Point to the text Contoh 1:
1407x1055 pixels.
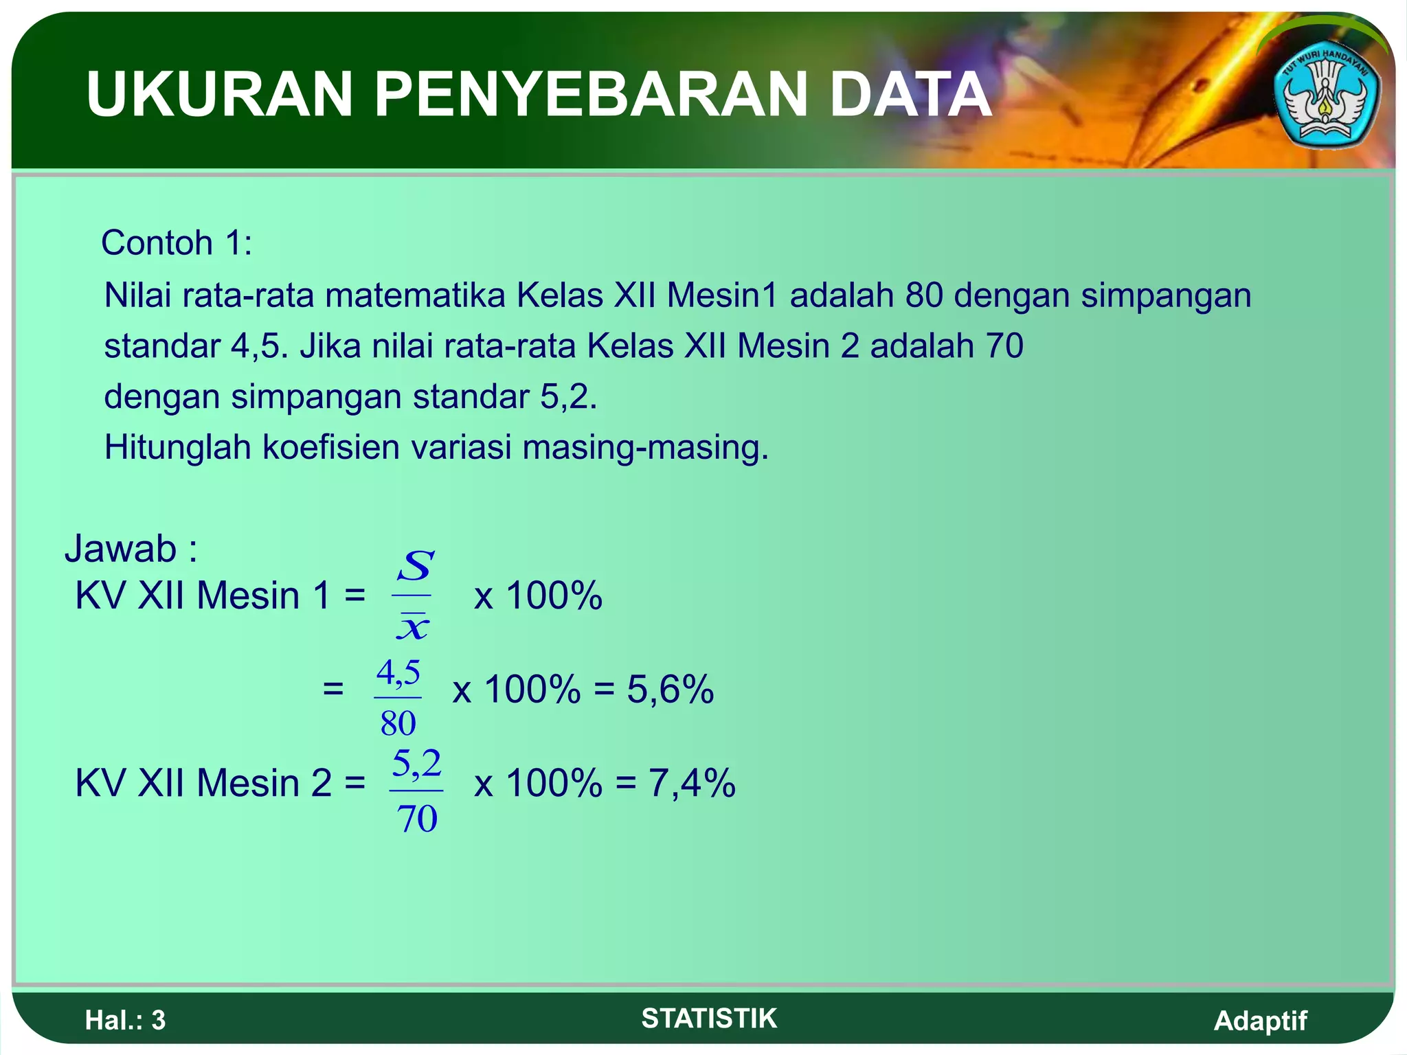[177, 243]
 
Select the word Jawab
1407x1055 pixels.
[121, 549]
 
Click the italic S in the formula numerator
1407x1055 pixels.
[415, 567]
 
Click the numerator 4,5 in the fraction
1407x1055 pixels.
[398, 672]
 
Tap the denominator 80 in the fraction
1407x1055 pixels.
[398, 723]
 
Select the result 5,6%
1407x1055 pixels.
[670, 690]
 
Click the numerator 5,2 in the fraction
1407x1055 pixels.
[416, 764]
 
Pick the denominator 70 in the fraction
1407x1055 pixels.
[417, 819]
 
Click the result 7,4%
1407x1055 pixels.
[692, 783]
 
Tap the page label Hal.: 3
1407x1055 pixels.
[125, 1021]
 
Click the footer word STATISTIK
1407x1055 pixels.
[709, 1019]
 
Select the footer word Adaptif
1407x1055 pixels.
[1260, 1021]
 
